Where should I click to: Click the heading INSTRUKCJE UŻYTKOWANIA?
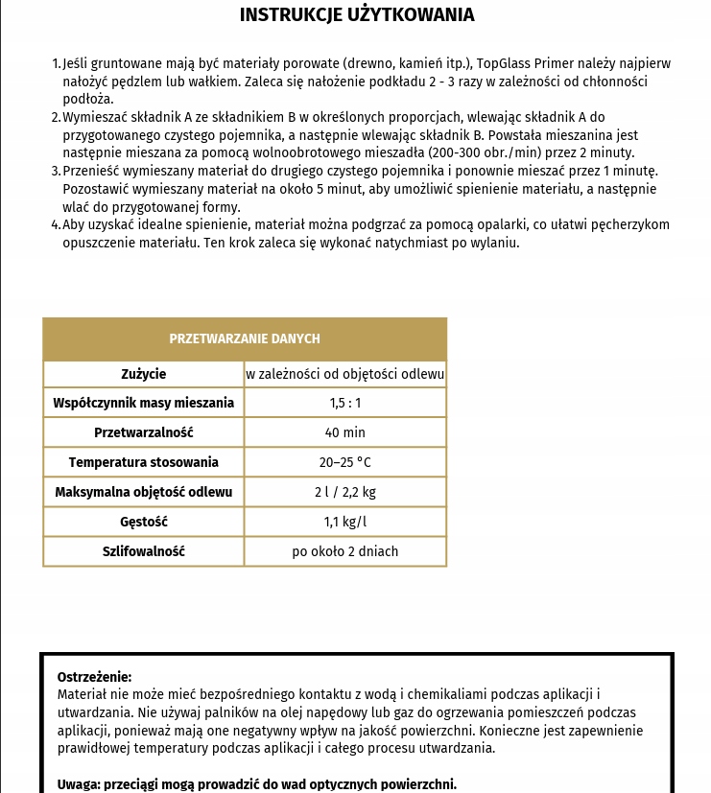coord(356,15)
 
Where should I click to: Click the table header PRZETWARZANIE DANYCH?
coord(245,338)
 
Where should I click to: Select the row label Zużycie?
coord(144,374)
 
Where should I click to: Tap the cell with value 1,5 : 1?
coord(345,403)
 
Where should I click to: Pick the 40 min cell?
coord(345,432)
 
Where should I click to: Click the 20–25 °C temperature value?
coord(345,462)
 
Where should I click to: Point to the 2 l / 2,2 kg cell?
coord(345,492)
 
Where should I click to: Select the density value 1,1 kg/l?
coord(345,522)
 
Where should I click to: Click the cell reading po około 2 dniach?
coord(345,551)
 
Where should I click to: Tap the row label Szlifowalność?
coord(144,551)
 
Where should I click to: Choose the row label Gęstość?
coord(144,522)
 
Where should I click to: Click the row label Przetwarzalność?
coord(144,432)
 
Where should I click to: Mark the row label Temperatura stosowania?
coord(144,462)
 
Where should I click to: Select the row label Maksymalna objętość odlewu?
coord(144,492)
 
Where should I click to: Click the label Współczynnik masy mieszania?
coord(144,403)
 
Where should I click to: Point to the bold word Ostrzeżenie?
coord(94,676)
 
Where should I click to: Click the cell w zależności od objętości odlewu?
coord(345,374)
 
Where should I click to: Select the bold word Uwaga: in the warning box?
coord(80,783)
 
